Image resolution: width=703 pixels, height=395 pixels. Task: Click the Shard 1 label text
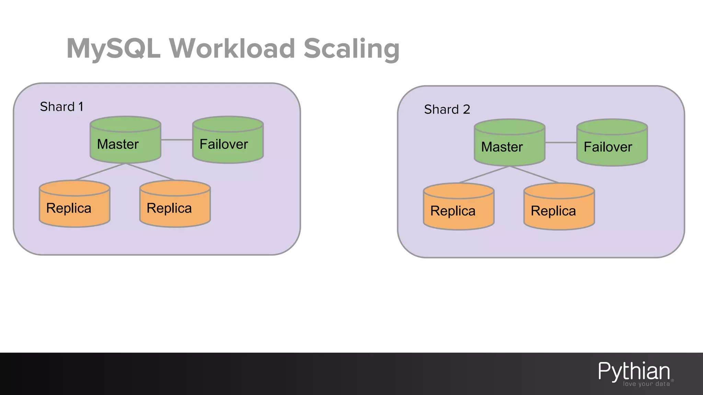click(61, 107)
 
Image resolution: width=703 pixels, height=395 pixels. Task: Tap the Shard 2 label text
click(447, 109)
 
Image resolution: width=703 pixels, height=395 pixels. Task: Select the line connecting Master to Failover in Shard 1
click(176, 140)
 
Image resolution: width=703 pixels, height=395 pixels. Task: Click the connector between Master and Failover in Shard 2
click(561, 142)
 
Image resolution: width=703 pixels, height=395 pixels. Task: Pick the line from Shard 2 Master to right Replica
click(534, 174)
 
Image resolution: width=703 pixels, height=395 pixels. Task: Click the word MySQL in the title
click(114, 49)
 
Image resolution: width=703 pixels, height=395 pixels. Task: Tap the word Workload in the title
click(232, 49)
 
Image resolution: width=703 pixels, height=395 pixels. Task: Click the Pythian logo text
click(634, 371)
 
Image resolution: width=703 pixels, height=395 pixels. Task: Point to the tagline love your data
click(646, 384)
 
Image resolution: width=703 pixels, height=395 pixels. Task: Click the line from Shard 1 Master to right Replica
click(150, 172)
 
